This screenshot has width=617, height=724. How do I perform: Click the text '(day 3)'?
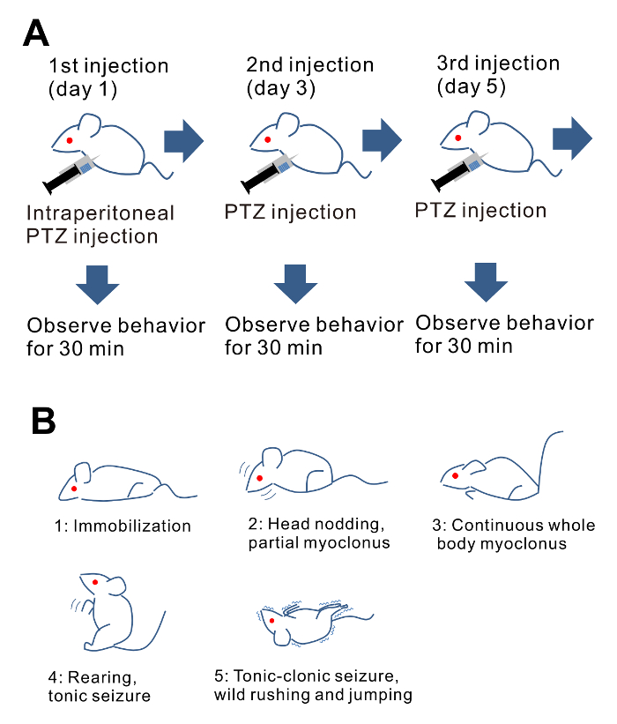coord(281,88)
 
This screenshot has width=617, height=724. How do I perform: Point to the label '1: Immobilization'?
coord(122,526)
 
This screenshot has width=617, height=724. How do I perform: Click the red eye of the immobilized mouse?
coord(75,488)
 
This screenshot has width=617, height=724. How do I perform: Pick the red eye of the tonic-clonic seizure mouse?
coord(272,621)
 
